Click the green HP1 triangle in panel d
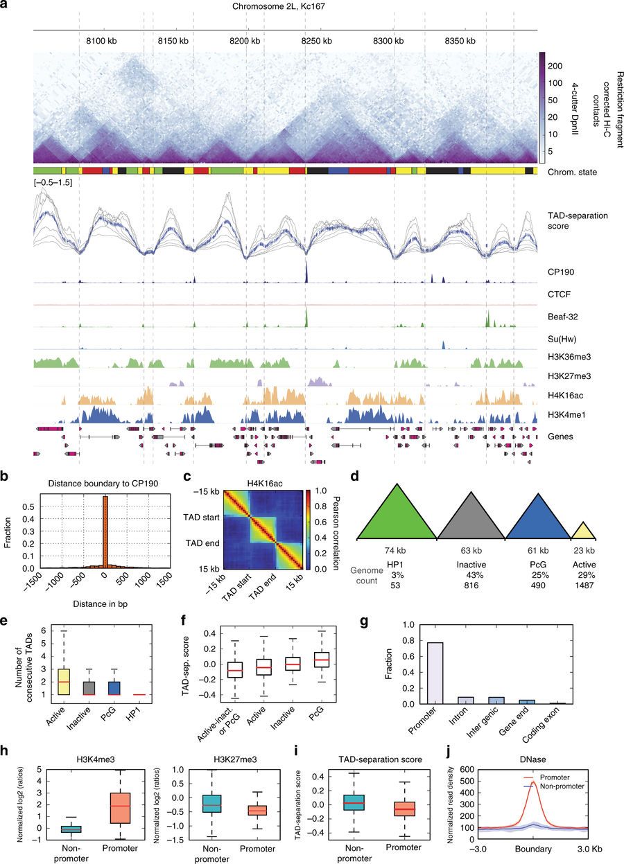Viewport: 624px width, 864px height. click(397, 512)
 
